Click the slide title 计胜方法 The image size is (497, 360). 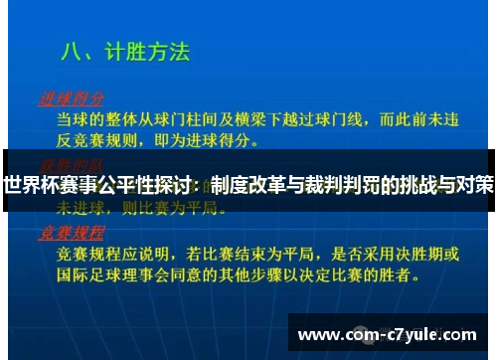(x=149, y=52)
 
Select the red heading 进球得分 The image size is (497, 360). (x=71, y=99)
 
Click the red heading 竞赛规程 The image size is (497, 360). (x=71, y=232)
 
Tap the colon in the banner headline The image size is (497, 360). (x=202, y=185)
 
